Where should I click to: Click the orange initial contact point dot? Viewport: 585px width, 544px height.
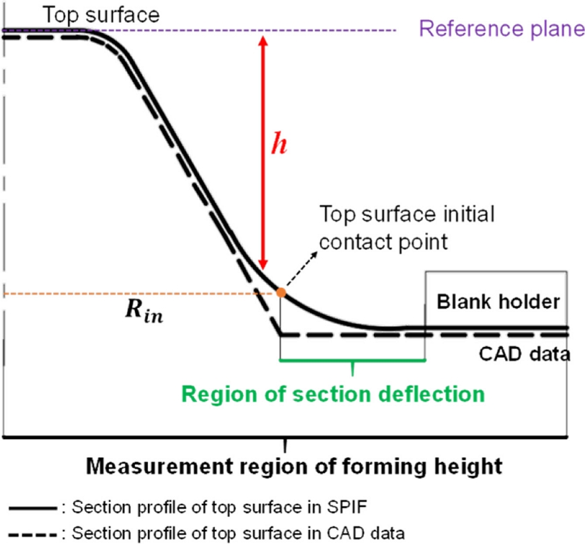(x=280, y=293)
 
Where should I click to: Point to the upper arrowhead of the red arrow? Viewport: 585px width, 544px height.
(x=263, y=39)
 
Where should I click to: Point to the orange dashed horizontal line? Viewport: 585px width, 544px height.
(x=134, y=294)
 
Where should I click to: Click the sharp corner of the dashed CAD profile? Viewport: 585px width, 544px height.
(x=280, y=334)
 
